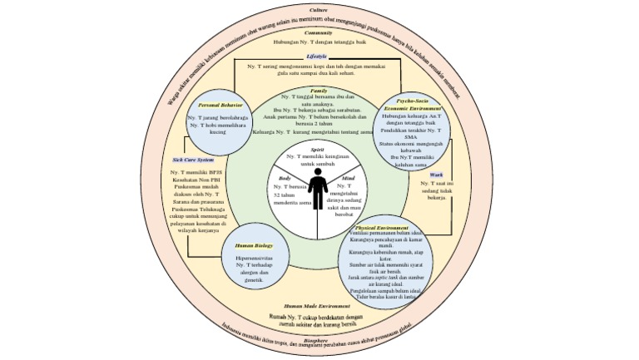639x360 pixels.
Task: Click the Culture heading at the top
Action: coord(319,9)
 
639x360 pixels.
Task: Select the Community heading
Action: coord(319,32)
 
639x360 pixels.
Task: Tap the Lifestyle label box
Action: coord(317,56)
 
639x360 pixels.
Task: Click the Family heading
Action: coord(319,90)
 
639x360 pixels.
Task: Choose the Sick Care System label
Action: coord(193,160)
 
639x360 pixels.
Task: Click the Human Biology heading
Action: coord(254,246)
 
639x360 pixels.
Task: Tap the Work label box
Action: coord(435,175)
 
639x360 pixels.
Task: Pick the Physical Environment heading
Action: coord(381,227)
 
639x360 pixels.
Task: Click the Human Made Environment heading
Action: coord(317,307)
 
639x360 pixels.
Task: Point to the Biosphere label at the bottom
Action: coord(315,340)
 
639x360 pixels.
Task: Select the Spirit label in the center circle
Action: coord(318,149)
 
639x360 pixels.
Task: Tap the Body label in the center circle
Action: coord(285,179)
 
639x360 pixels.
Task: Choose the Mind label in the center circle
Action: coord(348,179)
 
